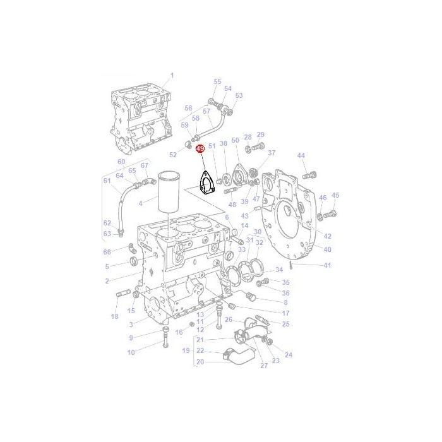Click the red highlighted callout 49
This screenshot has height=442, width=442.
tap(200, 149)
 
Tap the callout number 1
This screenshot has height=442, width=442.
tap(170, 76)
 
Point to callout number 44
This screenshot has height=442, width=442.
tap(301, 155)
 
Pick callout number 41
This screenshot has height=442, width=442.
tap(327, 265)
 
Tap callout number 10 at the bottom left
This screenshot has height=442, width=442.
tap(131, 352)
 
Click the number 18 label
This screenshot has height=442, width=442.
tap(114, 316)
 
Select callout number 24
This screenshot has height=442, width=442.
tap(289, 355)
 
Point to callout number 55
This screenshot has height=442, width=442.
tap(218, 82)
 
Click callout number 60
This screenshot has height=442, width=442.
tap(122, 161)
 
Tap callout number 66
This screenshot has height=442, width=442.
tap(107, 252)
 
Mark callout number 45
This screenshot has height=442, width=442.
tap(335, 196)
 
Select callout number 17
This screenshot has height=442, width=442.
tap(285, 313)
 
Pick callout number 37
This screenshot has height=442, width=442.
tap(272, 153)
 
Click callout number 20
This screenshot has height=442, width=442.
tap(200, 362)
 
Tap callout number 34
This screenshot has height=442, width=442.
tap(278, 271)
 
